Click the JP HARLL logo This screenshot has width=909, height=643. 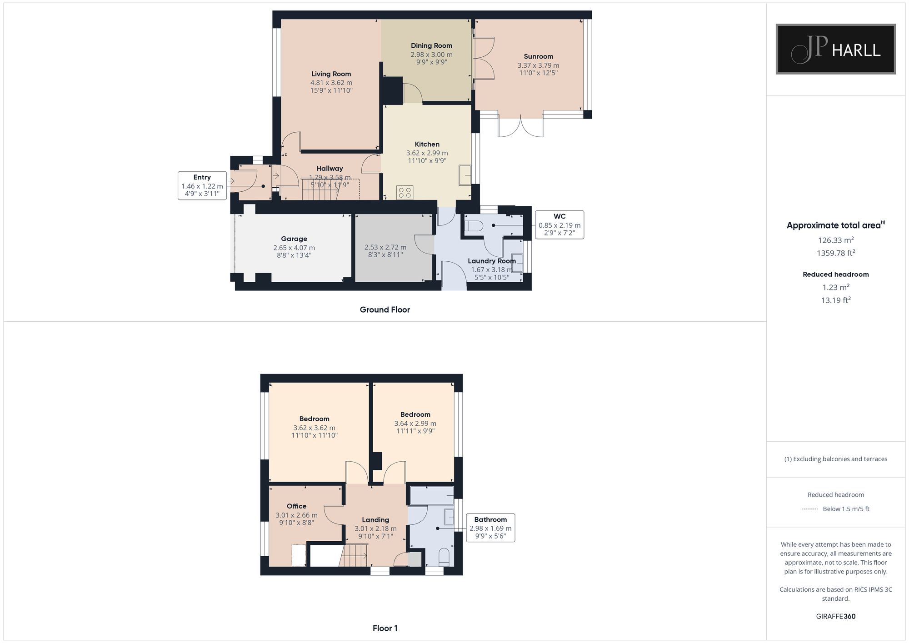tap(835, 49)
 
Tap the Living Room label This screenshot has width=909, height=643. tap(331, 74)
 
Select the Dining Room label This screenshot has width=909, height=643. tap(431, 45)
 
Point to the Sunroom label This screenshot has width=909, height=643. tap(538, 56)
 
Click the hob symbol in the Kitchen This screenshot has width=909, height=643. tap(405, 192)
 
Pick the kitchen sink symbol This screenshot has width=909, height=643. tap(465, 175)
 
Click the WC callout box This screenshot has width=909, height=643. tap(559, 225)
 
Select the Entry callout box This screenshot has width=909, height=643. tap(202, 186)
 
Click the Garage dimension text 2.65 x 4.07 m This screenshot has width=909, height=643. tap(294, 248)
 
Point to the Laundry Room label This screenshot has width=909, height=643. tap(492, 261)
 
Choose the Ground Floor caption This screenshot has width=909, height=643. tap(385, 310)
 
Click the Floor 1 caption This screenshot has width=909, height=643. tap(385, 628)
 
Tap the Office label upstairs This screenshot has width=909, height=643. tap(296, 506)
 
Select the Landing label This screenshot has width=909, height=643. tap(375, 520)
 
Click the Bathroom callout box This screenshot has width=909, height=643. tap(490, 528)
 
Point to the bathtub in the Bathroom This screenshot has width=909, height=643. tap(432, 495)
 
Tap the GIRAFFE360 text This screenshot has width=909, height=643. tap(836, 617)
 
